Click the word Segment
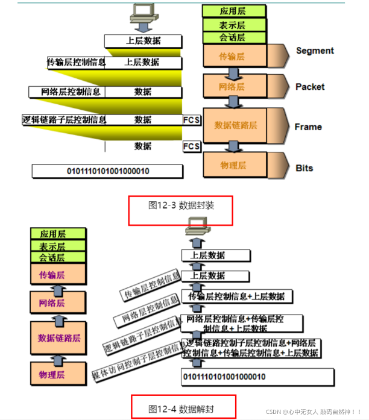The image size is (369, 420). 315,51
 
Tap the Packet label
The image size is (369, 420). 310,87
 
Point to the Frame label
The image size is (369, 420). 308,127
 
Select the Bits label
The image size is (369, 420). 304,168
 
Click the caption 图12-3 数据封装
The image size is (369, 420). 181,205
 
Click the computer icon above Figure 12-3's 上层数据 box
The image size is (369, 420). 143,13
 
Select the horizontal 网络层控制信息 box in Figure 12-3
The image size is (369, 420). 67,92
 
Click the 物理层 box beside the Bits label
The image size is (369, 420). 232,164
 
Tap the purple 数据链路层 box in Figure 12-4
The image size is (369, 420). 59,337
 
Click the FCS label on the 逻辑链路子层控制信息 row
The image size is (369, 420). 192,120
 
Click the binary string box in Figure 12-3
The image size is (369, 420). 107,171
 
